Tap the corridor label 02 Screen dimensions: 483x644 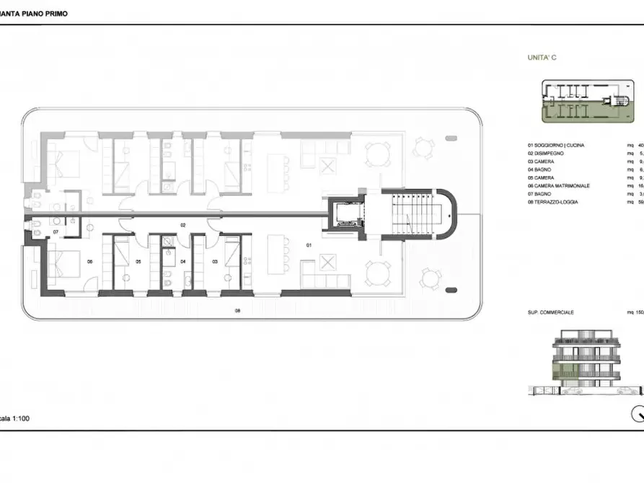183,226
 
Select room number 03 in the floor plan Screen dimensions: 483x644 215,262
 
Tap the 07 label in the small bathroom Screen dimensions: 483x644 56,232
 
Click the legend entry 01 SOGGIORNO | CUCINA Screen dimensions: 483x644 557,146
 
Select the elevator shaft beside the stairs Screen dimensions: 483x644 345,214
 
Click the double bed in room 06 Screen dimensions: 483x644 65,265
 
